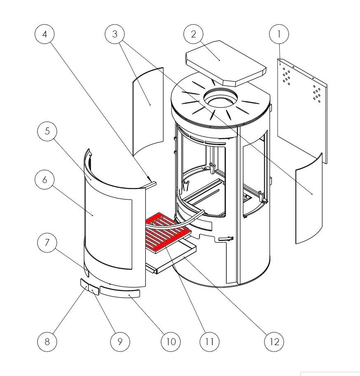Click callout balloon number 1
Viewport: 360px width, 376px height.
[279, 35]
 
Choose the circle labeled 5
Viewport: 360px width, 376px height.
[47, 131]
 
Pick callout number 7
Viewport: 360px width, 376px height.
[47, 243]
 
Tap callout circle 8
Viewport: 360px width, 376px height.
[47, 341]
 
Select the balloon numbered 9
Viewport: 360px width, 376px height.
[120, 341]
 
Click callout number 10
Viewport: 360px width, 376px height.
[171, 341]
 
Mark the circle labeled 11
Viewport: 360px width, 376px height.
[209, 341]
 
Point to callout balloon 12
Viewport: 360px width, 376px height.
[274, 341]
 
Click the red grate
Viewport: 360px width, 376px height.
[167, 230]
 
